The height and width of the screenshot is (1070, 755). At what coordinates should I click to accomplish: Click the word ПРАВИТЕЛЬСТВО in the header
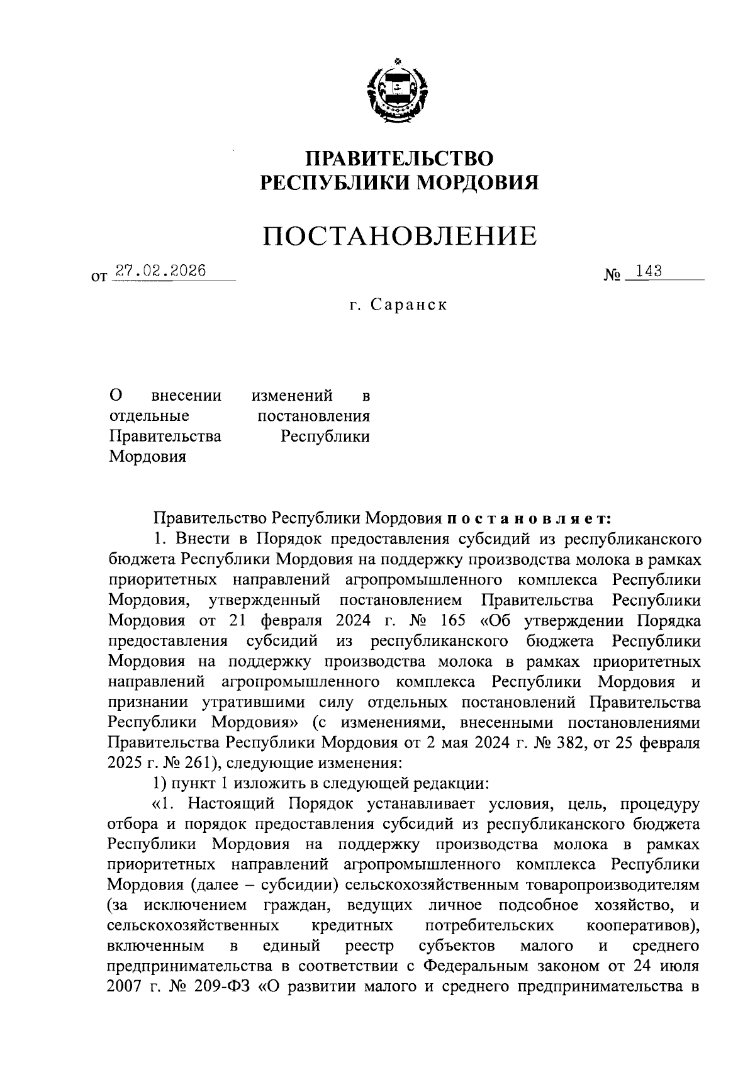[400, 157]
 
